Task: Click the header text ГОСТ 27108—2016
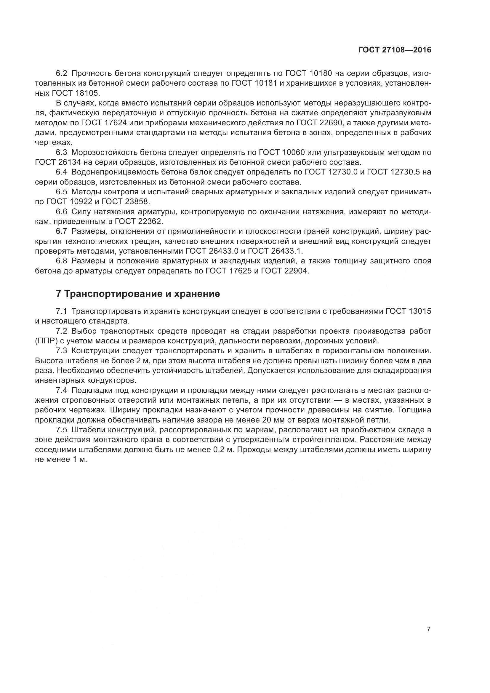coord(395,50)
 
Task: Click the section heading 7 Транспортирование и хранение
coord(138,294)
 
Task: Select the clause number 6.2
coord(62,73)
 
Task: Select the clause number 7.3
coord(62,351)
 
